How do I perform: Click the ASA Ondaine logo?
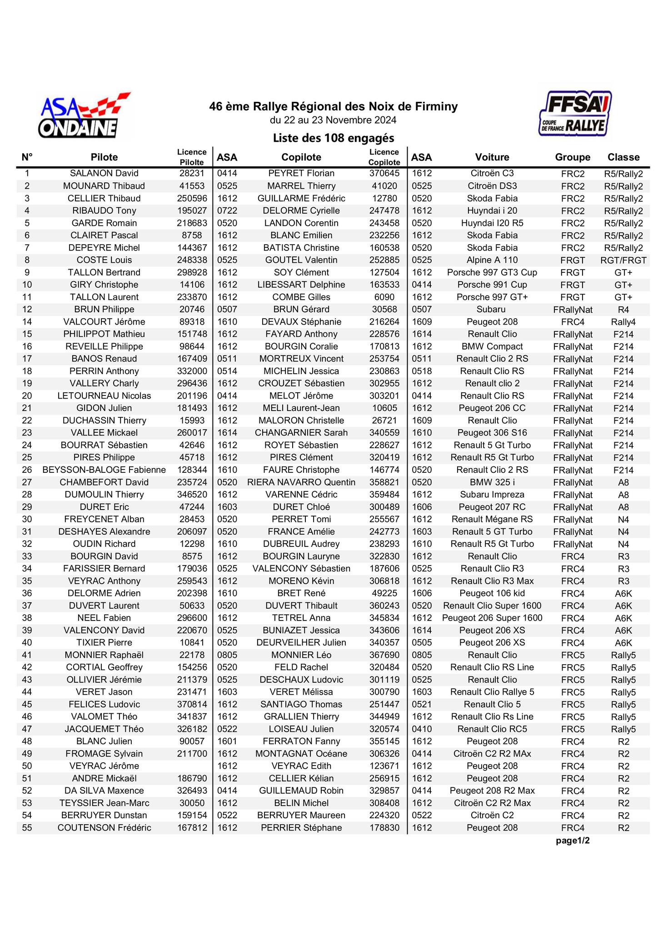point(84,116)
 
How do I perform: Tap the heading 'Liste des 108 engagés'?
point(333,138)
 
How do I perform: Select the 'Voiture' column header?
point(492,157)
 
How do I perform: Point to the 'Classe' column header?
point(623,157)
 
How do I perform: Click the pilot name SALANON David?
point(104,174)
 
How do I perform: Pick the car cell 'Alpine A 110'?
point(492,260)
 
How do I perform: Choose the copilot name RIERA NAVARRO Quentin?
point(301,482)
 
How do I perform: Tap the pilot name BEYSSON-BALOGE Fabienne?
point(104,470)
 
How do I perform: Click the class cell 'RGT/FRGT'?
point(623,260)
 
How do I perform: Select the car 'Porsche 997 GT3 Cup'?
point(492,272)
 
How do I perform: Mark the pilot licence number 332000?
point(192,371)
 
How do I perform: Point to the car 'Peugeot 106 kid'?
point(492,593)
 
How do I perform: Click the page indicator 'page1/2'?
point(573,841)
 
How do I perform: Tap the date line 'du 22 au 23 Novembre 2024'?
point(333,120)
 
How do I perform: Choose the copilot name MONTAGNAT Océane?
point(301,754)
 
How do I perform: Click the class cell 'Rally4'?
point(623,322)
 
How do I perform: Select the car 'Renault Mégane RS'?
point(492,519)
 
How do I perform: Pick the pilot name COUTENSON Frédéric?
point(104,828)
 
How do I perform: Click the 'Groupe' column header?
point(573,157)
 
